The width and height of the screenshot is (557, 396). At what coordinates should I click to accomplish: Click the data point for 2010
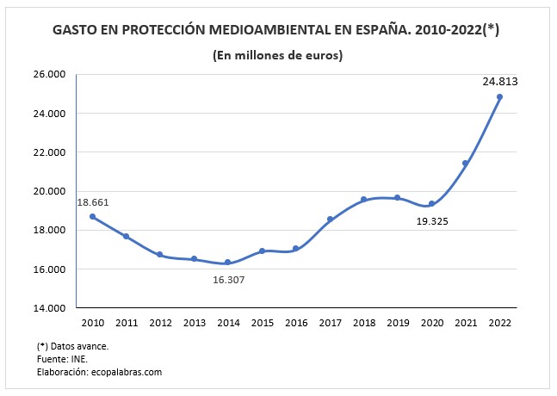92,217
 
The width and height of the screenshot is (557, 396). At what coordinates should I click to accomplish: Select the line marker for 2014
227,263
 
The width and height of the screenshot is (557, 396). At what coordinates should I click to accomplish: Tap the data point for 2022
499,96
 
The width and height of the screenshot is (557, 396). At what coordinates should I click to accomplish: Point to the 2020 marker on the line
431,204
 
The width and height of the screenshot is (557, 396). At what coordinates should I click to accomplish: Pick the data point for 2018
363,199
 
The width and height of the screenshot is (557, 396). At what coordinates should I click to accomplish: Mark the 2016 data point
295,249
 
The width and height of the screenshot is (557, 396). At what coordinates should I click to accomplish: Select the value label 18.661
93,202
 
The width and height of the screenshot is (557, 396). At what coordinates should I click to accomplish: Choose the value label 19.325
431,221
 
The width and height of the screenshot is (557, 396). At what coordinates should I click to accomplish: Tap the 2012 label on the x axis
159,323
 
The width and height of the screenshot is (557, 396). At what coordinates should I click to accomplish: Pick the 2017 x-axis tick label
329,323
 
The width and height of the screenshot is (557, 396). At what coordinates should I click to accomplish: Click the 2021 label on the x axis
465,323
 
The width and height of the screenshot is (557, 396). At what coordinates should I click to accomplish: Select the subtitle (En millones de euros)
278,56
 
